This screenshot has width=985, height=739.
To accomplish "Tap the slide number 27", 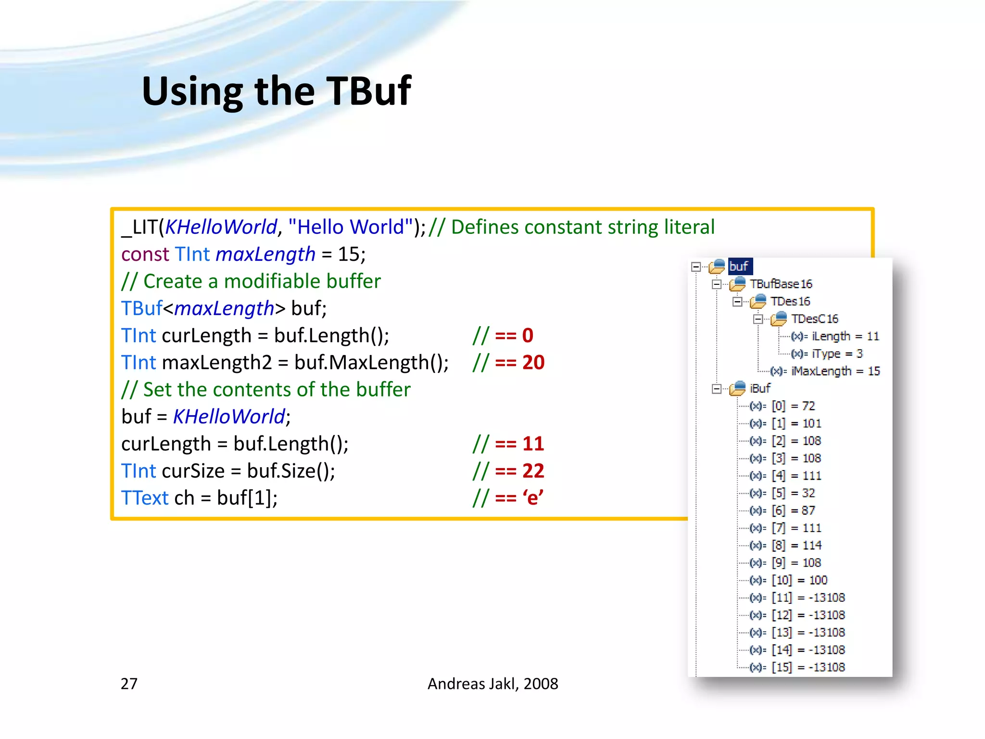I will (x=129, y=683).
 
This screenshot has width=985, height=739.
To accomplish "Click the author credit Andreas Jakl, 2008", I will (x=492, y=683).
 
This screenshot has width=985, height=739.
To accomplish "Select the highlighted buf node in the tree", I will (x=739, y=266).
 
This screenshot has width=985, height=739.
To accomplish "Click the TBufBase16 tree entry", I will (x=781, y=284).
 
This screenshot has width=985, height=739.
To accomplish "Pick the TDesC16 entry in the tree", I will (x=814, y=319).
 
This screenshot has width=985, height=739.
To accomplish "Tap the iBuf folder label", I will (x=760, y=388).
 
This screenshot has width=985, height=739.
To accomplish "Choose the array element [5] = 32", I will (x=793, y=493).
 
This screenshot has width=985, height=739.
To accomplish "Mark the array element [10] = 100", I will (x=799, y=580).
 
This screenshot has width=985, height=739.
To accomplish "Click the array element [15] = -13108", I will (x=808, y=667).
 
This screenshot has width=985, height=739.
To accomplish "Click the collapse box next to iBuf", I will (x=717, y=389).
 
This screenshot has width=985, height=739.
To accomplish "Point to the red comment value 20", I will (x=533, y=362).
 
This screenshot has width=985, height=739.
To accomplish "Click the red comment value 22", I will (x=533, y=471).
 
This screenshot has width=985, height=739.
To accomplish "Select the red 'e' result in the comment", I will (x=533, y=497).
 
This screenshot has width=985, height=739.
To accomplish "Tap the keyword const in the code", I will (x=145, y=254).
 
